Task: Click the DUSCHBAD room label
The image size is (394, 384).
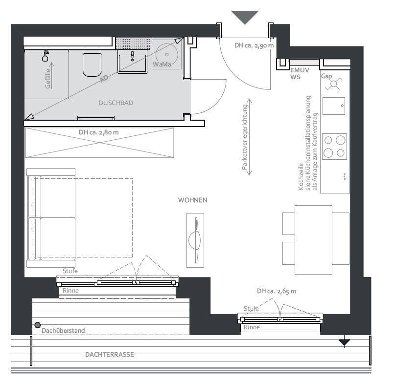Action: (x=116, y=103)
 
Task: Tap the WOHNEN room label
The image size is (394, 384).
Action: (x=192, y=200)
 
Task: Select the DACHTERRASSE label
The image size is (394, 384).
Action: (x=109, y=355)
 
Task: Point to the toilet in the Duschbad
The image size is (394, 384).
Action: (x=92, y=64)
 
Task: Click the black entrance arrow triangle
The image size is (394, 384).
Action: (x=245, y=17)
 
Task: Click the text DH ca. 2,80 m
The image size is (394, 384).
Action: (x=98, y=132)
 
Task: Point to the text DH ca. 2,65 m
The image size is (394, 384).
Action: (x=277, y=291)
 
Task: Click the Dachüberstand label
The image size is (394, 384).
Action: (x=63, y=331)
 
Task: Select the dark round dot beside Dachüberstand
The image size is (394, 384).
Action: (x=37, y=325)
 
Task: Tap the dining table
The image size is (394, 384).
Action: (x=313, y=239)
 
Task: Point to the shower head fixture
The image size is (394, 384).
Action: (x=46, y=57)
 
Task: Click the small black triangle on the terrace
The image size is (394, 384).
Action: (x=345, y=342)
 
